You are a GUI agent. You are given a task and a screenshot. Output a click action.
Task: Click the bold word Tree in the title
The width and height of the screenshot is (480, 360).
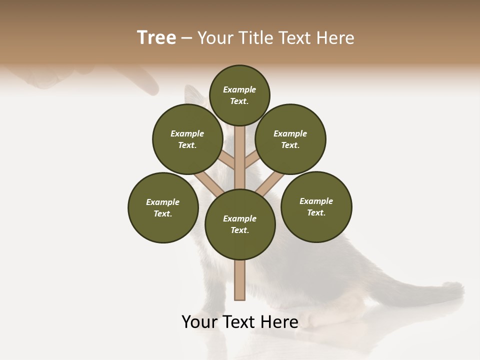(156, 37)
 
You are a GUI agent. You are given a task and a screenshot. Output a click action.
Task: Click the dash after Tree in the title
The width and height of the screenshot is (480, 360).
(186, 38)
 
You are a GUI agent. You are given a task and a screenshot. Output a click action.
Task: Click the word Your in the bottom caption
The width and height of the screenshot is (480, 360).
(200, 322)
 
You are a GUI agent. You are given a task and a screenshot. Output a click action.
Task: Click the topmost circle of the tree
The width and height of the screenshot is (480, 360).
(239, 95)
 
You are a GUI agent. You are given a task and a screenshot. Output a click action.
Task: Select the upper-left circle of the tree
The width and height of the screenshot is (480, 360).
(187, 139)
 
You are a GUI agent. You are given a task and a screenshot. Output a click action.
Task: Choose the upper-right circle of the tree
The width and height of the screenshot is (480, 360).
(290, 139)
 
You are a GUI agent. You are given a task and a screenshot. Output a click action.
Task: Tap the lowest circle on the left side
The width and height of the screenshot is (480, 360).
(163, 207)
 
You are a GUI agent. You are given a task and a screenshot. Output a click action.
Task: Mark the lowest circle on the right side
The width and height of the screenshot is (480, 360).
(316, 206)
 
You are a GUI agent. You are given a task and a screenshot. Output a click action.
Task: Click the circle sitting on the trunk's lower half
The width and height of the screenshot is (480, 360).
(240, 224)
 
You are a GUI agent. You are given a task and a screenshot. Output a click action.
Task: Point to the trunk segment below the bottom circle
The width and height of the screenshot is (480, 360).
(240, 280)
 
